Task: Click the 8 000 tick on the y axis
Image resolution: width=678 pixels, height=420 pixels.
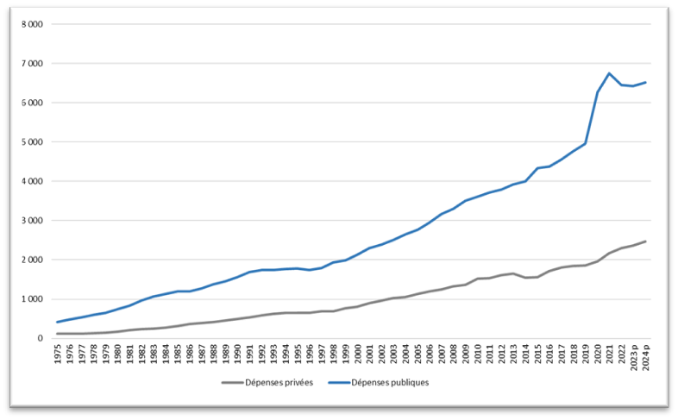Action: [34, 24]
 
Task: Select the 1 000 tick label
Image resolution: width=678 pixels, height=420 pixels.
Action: [34, 299]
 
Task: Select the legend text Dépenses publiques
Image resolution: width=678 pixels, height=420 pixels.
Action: [389, 383]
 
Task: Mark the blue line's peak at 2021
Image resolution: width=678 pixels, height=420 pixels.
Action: [610, 73]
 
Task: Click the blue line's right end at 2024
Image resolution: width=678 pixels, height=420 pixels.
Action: [646, 83]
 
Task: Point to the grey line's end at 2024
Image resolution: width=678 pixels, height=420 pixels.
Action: [646, 241]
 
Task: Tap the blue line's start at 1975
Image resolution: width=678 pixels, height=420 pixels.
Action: [58, 323]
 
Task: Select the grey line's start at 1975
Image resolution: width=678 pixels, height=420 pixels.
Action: [58, 334]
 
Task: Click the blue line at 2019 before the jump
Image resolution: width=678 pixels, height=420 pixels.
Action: [586, 144]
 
